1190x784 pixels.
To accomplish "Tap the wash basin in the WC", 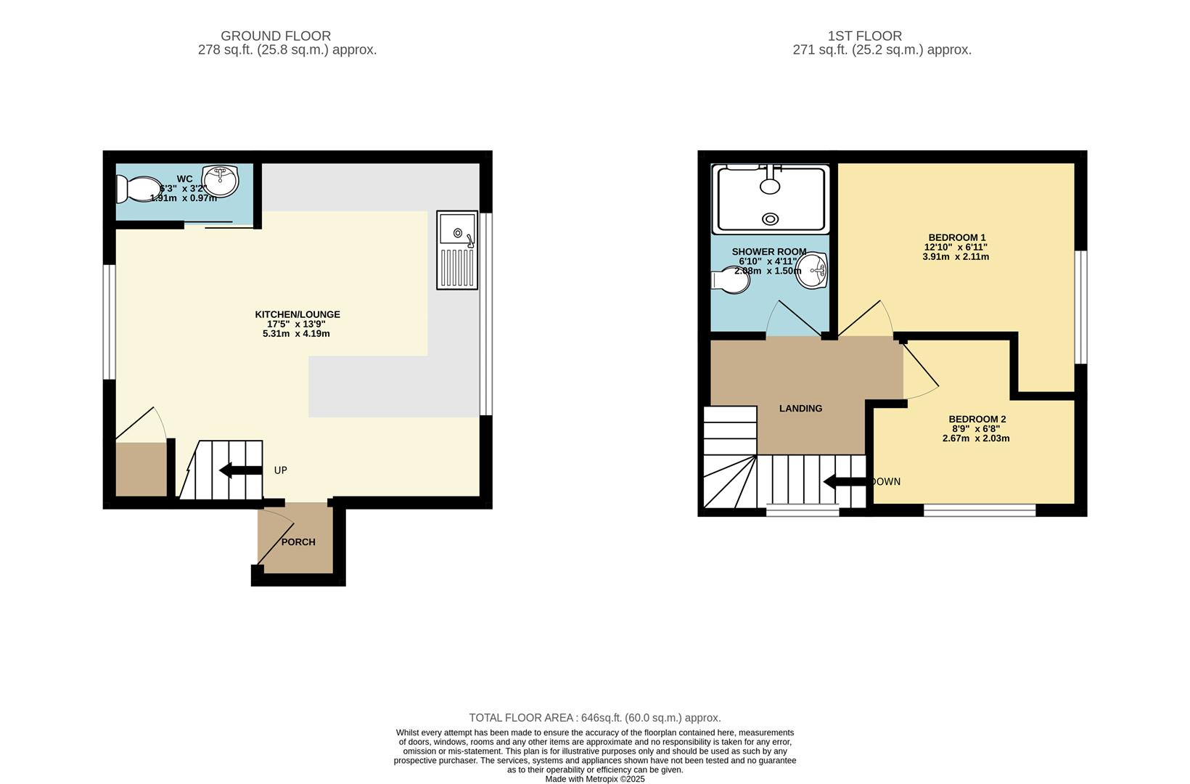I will [221, 181].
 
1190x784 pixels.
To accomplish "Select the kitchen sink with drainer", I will [457, 250].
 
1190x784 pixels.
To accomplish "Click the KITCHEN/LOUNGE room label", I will [297, 314].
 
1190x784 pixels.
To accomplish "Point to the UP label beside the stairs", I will [280, 470].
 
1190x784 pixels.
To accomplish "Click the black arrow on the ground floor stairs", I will [239, 470].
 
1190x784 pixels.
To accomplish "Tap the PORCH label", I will [298, 542].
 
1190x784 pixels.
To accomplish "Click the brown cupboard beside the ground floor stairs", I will [141, 469].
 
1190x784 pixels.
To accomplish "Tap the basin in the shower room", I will [812, 270].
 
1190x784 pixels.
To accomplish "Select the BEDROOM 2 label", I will [977, 419].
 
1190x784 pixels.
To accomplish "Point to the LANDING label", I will [800, 409].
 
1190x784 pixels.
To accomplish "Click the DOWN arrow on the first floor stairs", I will [845, 481].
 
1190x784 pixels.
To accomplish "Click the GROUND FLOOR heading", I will [276, 36].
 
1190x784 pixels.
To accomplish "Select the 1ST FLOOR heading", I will [864, 36].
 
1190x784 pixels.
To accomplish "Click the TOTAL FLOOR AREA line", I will [594, 718].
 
